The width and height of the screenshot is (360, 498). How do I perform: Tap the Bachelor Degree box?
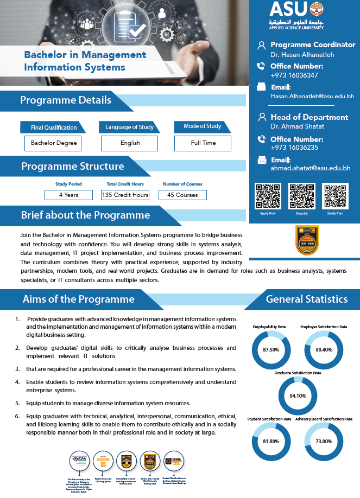[53, 143]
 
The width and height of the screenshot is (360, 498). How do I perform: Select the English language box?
[130, 143]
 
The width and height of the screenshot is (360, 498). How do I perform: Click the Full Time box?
[203, 143]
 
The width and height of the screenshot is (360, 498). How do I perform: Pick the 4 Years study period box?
[69, 195]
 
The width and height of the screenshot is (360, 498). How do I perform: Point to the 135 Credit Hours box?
[125, 195]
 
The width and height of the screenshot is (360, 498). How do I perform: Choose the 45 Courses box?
[182, 195]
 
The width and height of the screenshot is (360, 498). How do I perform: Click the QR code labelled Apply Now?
[268, 196]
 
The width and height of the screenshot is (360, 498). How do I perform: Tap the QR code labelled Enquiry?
[301, 196]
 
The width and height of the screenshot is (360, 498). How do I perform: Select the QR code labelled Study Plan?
[335, 196]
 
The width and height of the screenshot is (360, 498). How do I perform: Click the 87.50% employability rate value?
[270, 350]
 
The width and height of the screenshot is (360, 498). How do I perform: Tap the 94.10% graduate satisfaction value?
[298, 395]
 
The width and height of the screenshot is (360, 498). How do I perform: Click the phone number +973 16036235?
[294, 148]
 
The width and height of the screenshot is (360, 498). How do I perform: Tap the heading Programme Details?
[66, 100]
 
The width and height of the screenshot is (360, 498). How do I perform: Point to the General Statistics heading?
[306, 299]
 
